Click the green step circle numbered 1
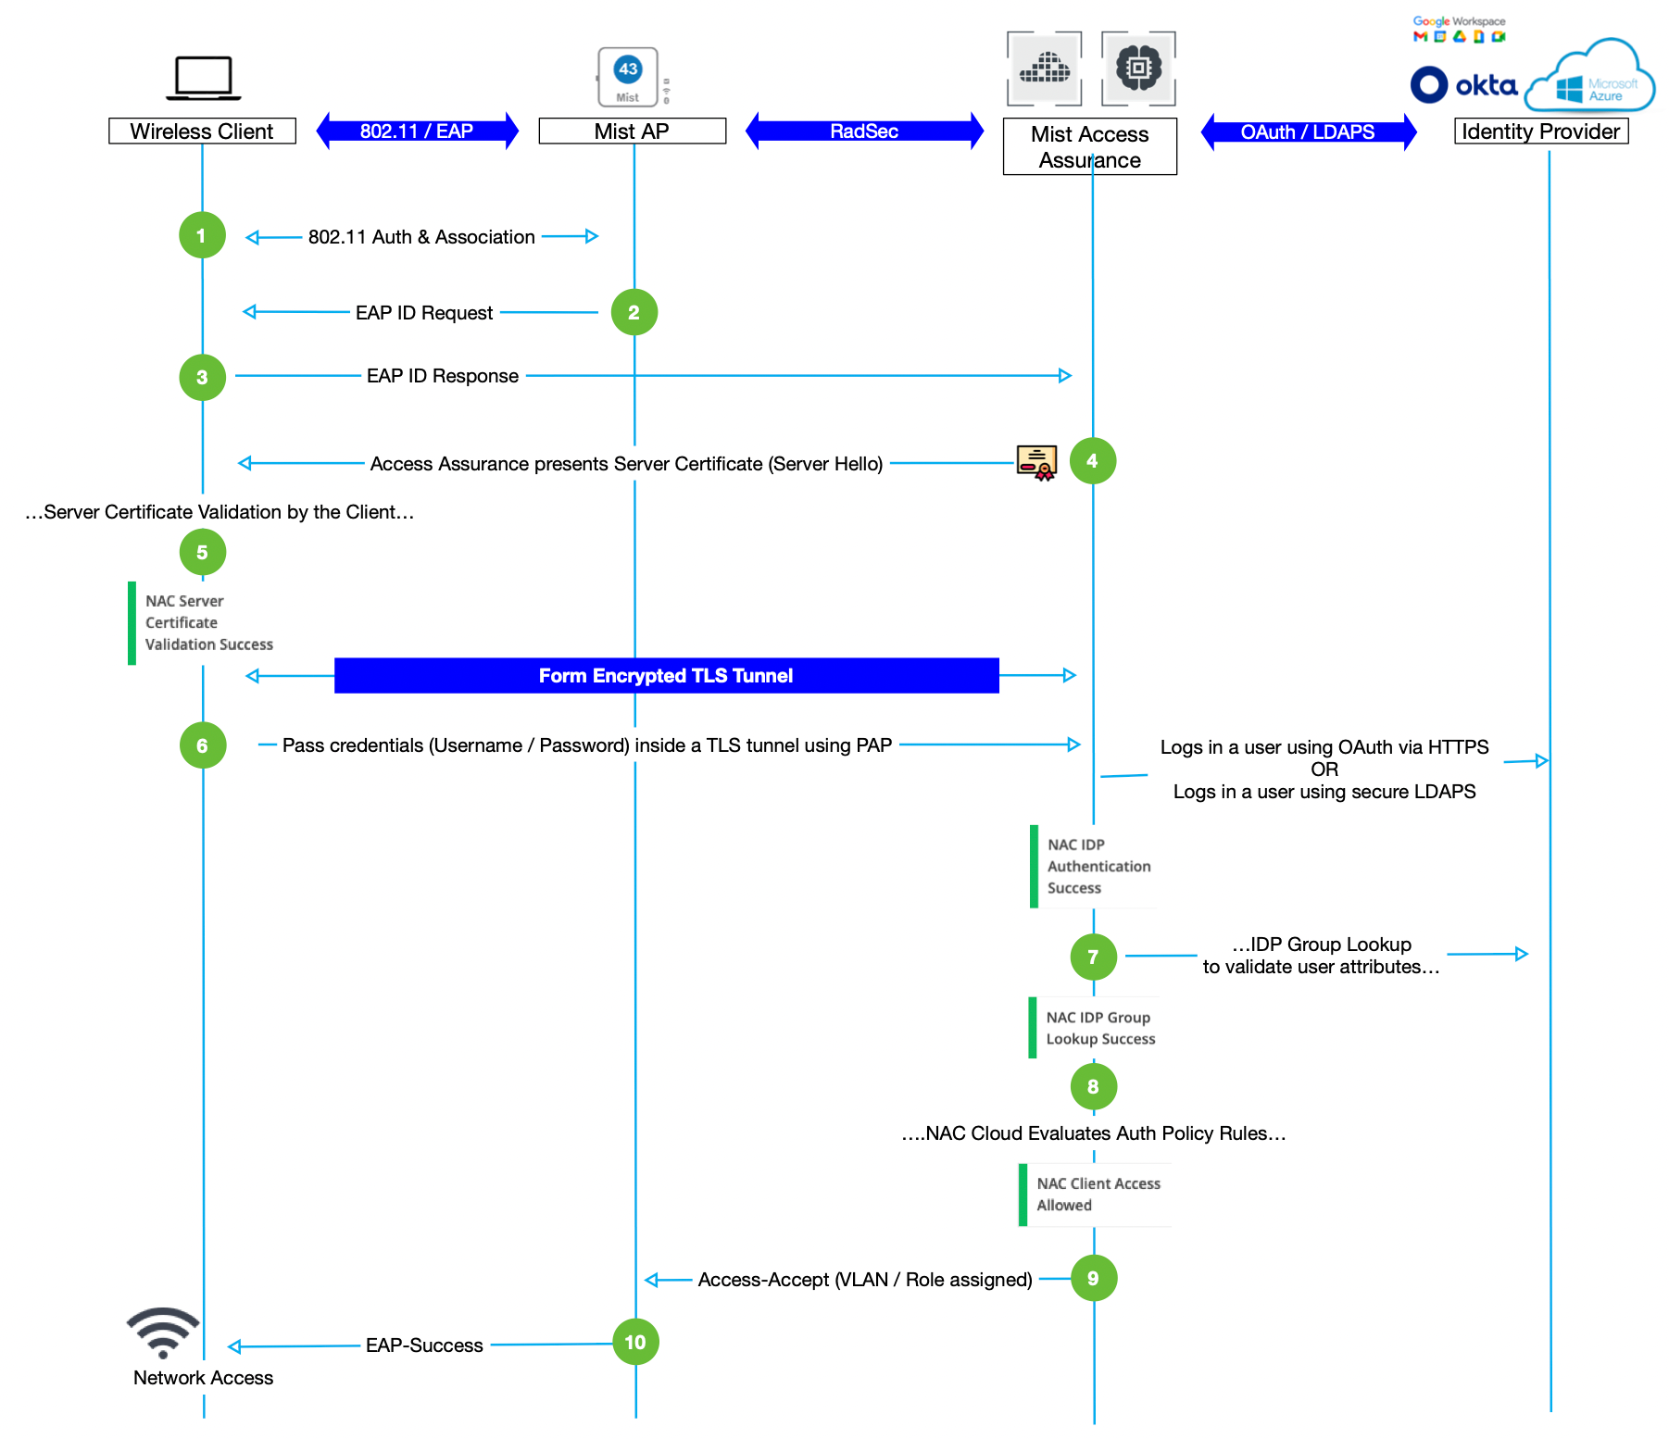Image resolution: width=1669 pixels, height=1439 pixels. pyautogui.click(x=202, y=235)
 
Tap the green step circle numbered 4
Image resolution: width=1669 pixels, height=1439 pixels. pyautogui.click(x=1092, y=460)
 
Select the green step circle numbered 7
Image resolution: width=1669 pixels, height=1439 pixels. pyautogui.click(x=1093, y=957)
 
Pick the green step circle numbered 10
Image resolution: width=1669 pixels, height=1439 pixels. pyautogui.click(x=635, y=1342)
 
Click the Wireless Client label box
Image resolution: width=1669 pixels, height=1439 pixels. pyautogui.click(x=202, y=131)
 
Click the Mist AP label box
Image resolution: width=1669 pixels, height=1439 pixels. pyautogui.click(x=632, y=131)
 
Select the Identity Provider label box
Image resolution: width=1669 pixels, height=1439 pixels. pyautogui.click(x=1540, y=131)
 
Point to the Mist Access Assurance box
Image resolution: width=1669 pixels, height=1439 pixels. pyautogui.click(x=1089, y=146)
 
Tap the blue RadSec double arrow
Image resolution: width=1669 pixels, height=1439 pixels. pyautogui.click(x=864, y=131)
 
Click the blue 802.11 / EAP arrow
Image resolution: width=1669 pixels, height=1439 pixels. pyautogui.click(x=417, y=131)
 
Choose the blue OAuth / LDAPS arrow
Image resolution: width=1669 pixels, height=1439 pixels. pyautogui.click(x=1308, y=131)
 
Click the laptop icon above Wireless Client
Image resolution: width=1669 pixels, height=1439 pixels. pyautogui.click(x=204, y=78)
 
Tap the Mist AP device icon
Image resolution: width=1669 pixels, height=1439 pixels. pyautogui.click(x=629, y=77)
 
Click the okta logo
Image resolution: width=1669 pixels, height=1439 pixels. pyautogui.click(x=1463, y=85)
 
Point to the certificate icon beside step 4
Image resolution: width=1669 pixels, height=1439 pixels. pyautogui.click(x=1036, y=462)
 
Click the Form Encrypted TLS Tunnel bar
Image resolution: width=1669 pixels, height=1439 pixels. pyautogui.click(x=666, y=675)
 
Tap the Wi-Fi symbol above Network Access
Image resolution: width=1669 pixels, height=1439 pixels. pyautogui.click(x=163, y=1332)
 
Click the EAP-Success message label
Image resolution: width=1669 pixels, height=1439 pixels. pyautogui.click(x=424, y=1345)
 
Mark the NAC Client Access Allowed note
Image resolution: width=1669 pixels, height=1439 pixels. pyautogui.click(x=1096, y=1195)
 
